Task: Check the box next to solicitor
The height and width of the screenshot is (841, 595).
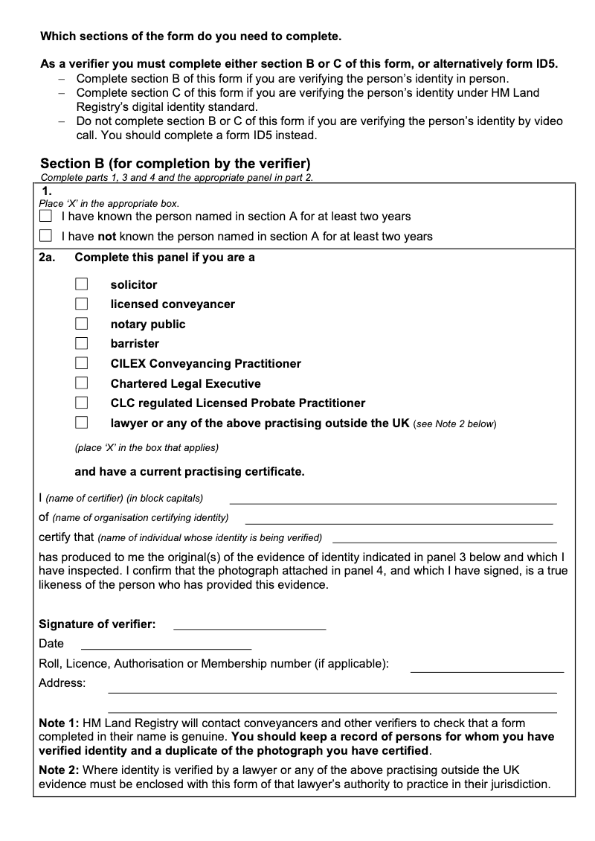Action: click(x=82, y=284)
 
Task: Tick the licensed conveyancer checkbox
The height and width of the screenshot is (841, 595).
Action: click(x=82, y=304)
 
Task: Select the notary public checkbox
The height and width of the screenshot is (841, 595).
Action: click(x=82, y=324)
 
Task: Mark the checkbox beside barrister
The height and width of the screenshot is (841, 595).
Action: click(x=82, y=344)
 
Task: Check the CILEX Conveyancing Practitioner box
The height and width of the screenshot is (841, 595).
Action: click(x=82, y=363)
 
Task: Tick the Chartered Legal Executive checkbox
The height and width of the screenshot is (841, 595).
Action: click(x=82, y=383)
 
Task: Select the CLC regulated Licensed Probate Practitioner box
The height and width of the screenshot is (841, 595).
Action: click(x=82, y=403)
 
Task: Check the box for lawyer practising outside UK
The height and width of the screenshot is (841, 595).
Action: click(x=82, y=423)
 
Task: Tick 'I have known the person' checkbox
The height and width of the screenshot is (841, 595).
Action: click(x=46, y=217)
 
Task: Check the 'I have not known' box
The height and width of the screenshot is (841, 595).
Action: click(x=46, y=237)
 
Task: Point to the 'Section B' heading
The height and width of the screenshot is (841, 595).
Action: click(x=175, y=163)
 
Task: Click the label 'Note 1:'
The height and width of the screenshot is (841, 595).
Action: click(x=59, y=723)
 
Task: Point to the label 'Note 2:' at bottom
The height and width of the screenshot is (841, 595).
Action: click(x=59, y=770)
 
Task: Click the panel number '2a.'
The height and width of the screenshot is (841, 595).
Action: click(x=48, y=258)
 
